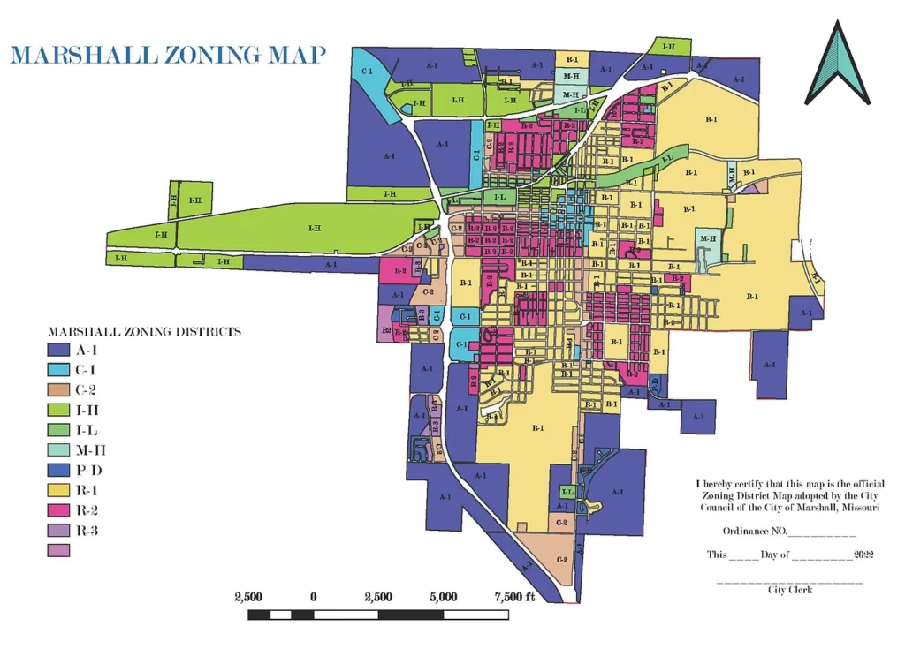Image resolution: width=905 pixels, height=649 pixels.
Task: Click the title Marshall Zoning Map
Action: (168, 55)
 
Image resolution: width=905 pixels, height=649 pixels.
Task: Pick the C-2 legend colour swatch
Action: (57, 389)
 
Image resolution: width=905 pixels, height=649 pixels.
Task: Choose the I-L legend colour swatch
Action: (57, 430)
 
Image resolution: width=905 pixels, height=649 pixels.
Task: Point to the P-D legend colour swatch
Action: (57, 470)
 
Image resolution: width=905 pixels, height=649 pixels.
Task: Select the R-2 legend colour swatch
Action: (57, 510)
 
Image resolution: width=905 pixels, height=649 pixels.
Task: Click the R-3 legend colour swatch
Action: (57, 531)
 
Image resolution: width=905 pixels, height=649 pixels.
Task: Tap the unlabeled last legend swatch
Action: (57, 550)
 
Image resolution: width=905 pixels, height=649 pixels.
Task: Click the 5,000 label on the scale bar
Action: (443, 597)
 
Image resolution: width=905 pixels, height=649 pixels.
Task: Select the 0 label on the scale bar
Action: (314, 597)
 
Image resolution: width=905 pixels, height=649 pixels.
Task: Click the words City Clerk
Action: (789, 589)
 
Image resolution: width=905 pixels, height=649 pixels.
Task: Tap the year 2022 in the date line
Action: (863, 555)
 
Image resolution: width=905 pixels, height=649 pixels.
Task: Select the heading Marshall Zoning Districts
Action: (144, 332)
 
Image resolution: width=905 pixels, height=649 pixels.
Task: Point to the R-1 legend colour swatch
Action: (57, 490)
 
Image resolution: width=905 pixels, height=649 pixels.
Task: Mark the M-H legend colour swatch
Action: (57, 449)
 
